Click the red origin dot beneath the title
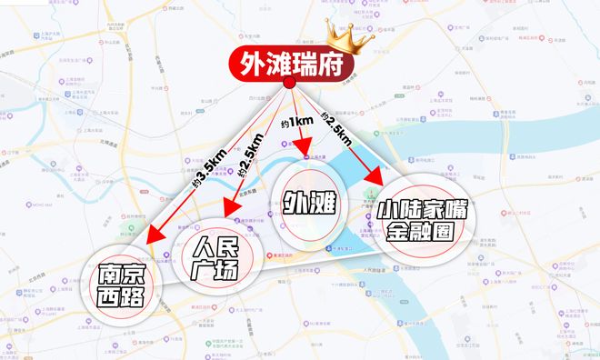click(289, 84)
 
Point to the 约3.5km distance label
click(206, 168)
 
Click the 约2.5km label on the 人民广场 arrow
click(246, 161)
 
